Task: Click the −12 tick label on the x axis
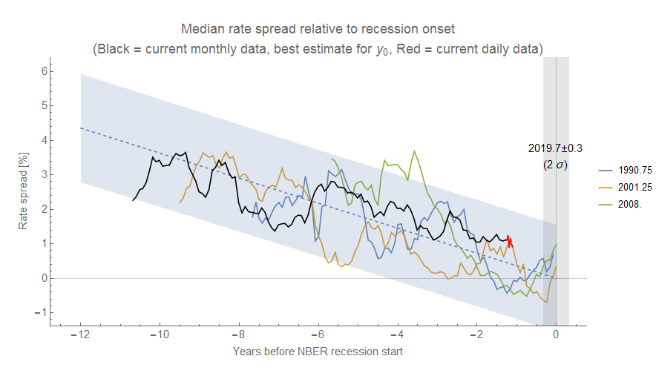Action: [80, 335]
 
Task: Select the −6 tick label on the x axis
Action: [318, 335]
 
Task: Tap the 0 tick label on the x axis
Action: [556, 335]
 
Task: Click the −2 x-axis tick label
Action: [476, 335]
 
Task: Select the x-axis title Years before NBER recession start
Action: [318, 352]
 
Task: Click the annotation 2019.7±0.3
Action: [555, 148]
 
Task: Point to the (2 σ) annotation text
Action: [555, 165]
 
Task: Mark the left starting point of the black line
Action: [134, 200]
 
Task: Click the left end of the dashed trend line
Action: [81, 128]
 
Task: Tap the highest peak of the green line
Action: [414, 151]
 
